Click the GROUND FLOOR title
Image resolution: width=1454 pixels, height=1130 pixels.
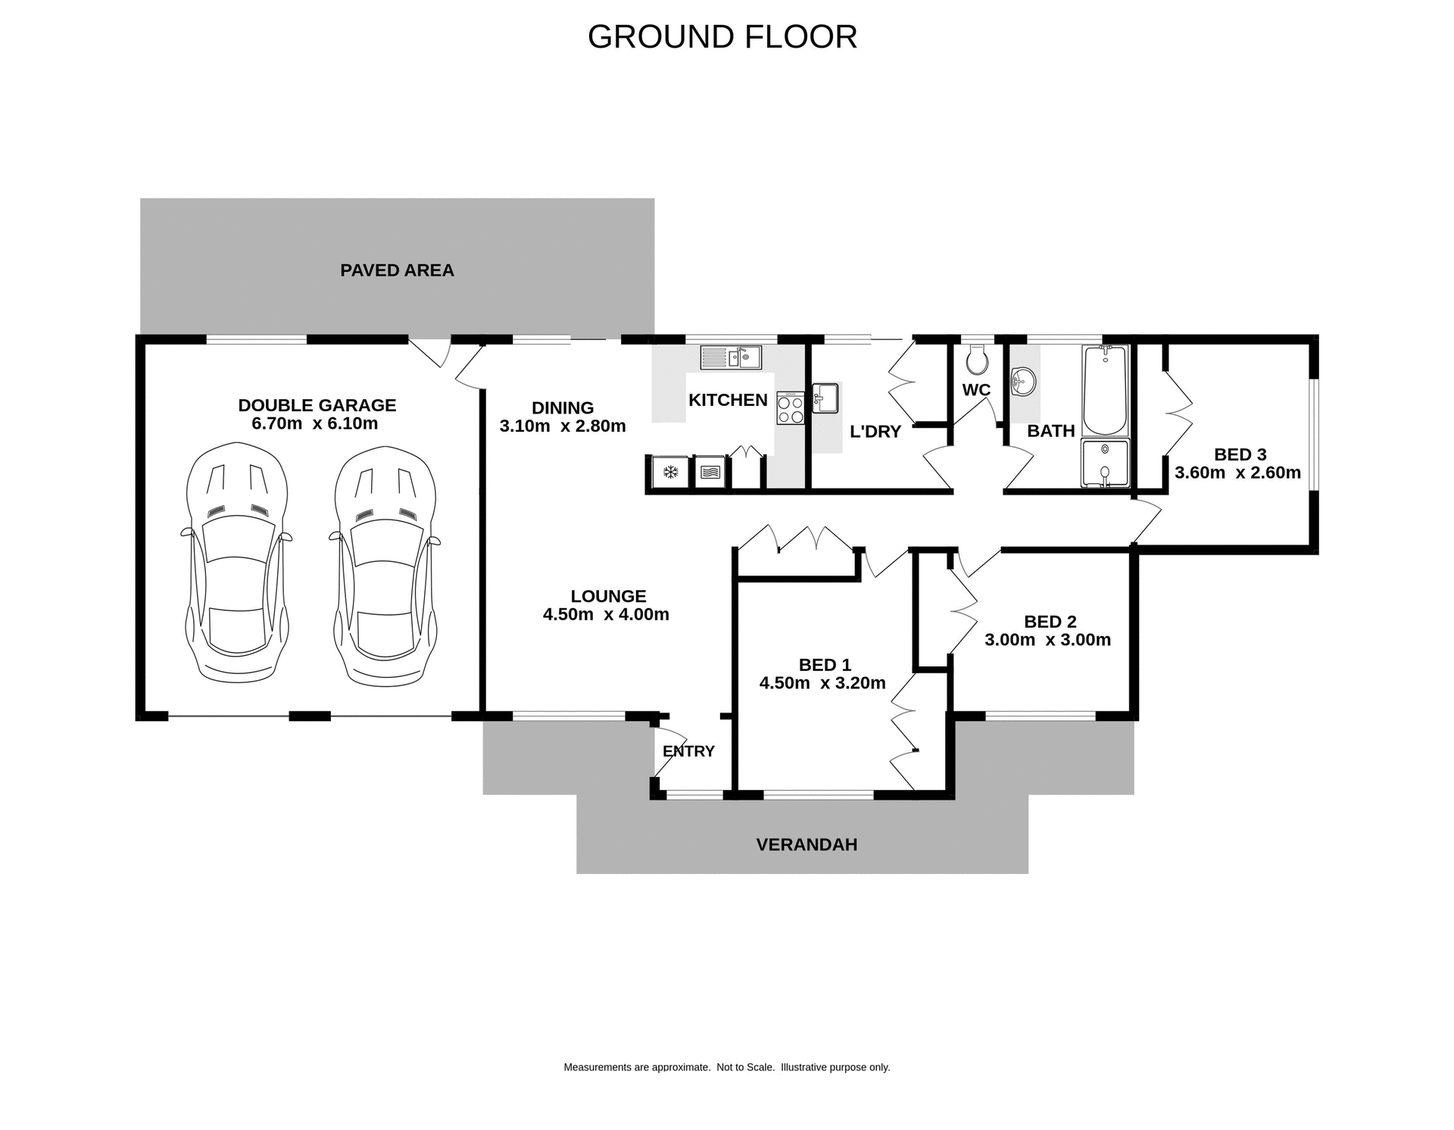722,36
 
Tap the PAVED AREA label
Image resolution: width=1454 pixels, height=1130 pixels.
397,270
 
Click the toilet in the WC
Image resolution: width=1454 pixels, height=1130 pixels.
977,361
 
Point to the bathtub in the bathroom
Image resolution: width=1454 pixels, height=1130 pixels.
1105,389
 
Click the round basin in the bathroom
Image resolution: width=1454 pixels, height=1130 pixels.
1022,381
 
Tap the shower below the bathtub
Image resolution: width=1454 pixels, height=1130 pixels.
1105,463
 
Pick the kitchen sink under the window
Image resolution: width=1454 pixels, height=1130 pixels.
731,357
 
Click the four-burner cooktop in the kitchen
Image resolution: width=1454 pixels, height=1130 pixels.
790,407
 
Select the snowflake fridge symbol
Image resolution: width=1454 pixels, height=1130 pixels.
670,473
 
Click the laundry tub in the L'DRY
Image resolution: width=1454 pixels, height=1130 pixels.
825,398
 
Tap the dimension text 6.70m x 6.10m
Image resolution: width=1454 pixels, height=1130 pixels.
314,423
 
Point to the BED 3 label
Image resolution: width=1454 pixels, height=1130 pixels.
1240,454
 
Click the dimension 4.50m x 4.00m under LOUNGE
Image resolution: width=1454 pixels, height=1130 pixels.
606,614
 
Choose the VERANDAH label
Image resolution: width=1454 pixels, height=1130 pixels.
807,844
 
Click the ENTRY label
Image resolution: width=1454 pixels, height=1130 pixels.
688,751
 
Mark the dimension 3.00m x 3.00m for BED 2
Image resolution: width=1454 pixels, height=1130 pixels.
1047,640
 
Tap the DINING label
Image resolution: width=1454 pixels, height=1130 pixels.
562,407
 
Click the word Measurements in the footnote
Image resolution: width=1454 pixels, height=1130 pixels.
597,1067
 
